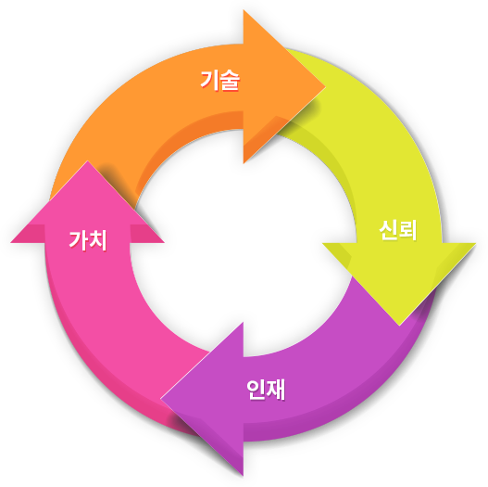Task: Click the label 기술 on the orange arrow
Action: coord(220,80)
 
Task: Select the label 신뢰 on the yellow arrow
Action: coord(398,230)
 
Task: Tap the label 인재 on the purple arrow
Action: coord(266,390)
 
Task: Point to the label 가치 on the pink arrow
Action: coord(88,240)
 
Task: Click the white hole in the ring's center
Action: coord(244,243)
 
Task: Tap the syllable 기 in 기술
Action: coord(209,80)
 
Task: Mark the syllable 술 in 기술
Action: coord(230,81)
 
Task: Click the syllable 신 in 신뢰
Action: coord(388,230)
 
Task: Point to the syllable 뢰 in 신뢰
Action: coord(408,230)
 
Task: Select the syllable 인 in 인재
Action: coord(256,390)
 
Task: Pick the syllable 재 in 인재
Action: coord(276,390)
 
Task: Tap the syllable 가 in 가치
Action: coord(78,240)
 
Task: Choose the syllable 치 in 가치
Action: coord(98,240)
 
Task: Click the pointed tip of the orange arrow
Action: coord(325,86)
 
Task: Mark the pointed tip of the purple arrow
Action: coord(160,399)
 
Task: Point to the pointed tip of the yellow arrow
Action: coord(399,326)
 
